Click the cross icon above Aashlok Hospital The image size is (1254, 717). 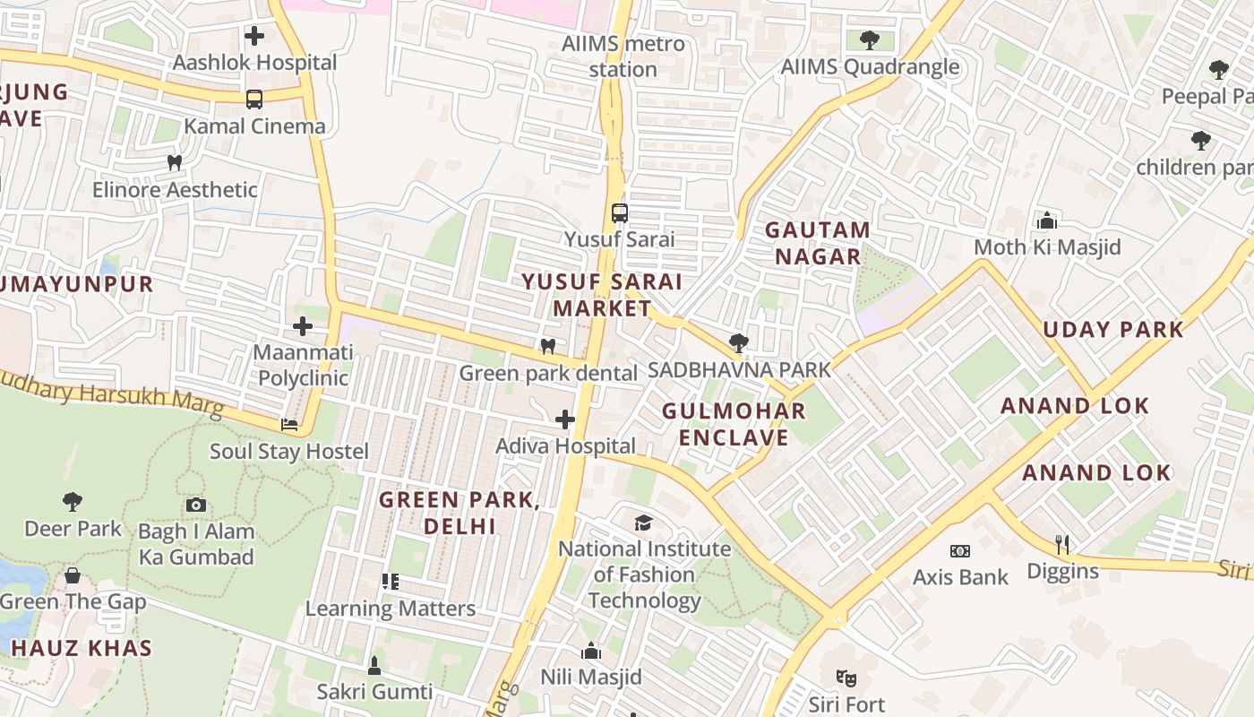pos(254,36)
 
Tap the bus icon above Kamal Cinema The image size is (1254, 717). pos(254,99)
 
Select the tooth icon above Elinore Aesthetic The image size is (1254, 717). pos(175,163)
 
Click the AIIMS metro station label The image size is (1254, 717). pos(623,56)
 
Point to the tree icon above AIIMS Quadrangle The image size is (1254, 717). pos(869,40)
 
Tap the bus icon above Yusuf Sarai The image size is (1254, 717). pos(619,213)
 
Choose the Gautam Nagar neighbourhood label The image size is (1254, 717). pos(817,243)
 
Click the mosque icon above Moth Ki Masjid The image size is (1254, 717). pos(1046,220)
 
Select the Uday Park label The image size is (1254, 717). pos(1113,329)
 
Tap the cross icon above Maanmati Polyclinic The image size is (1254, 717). pos(303,325)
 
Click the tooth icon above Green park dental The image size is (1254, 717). pos(548,346)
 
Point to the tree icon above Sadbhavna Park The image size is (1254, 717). pos(738,342)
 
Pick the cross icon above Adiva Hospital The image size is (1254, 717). pos(565,419)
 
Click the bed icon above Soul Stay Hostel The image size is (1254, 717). pos(288,425)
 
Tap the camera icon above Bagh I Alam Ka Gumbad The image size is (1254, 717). pos(196,505)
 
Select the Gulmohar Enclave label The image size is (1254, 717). pos(734,424)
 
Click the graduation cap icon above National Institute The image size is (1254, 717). pos(643,523)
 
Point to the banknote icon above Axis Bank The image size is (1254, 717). pos(959,550)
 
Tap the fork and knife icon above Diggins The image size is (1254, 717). pos(1062,544)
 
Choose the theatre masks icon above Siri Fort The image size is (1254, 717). pos(846,678)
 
